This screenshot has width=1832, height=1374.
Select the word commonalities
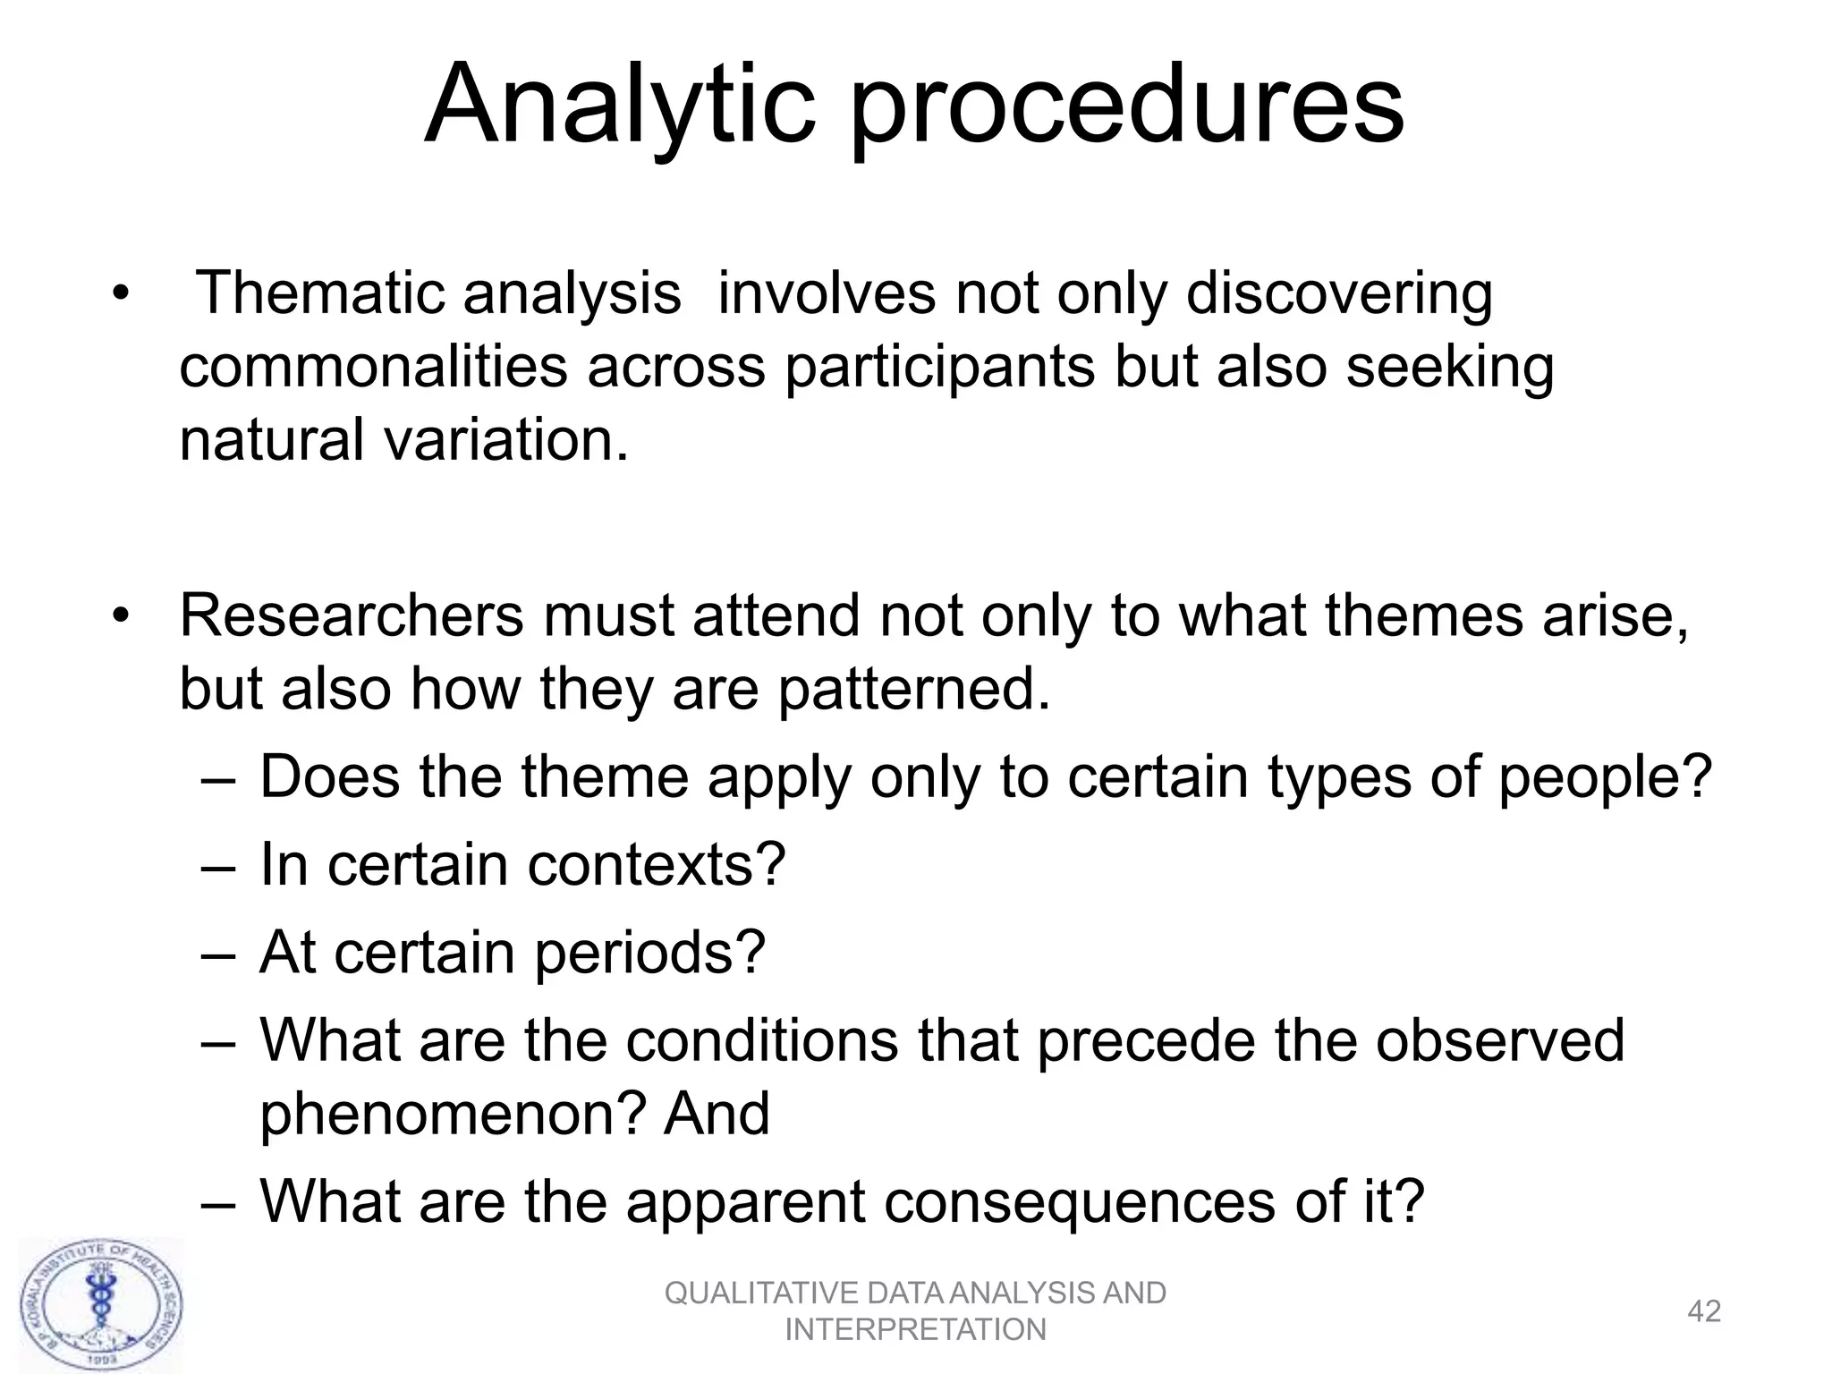pos(373,366)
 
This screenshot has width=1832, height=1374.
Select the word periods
pos(649,954)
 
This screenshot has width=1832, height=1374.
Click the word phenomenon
pos(452,1115)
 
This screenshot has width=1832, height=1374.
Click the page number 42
pos(1703,1311)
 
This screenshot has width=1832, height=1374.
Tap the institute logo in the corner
pos(100,1305)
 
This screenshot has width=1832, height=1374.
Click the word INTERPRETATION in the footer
pos(915,1330)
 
